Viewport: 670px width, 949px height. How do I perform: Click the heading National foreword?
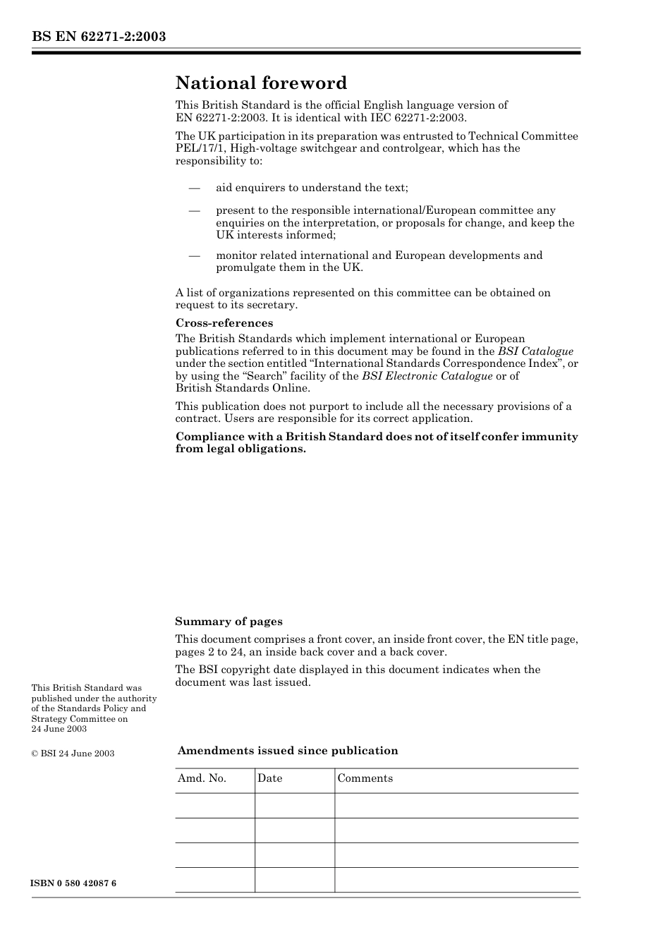(x=261, y=83)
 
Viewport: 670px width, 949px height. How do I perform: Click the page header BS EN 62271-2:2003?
(x=99, y=37)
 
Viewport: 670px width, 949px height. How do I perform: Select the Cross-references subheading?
(x=224, y=323)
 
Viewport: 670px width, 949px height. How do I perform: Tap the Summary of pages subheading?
(x=229, y=622)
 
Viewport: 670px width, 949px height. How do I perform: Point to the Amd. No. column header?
(x=202, y=778)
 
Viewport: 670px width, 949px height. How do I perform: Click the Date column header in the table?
(x=269, y=778)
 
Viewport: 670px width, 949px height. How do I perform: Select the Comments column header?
(x=365, y=778)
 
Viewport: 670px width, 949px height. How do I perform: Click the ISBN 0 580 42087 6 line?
(x=73, y=883)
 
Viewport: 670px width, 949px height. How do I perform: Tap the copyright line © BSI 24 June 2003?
(x=73, y=754)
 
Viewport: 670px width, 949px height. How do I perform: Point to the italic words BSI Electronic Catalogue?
(x=427, y=376)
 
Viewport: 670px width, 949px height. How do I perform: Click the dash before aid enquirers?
(x=194, y=188)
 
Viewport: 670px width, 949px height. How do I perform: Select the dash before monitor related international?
(x=194, y=255)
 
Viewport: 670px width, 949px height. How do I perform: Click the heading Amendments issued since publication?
(x=287, y=751)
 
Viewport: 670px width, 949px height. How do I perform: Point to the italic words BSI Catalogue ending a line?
(x=535, y=351)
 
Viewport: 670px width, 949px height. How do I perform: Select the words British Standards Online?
(x=242, y=388)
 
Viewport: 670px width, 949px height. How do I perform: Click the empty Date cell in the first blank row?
(x=294, y=806)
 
